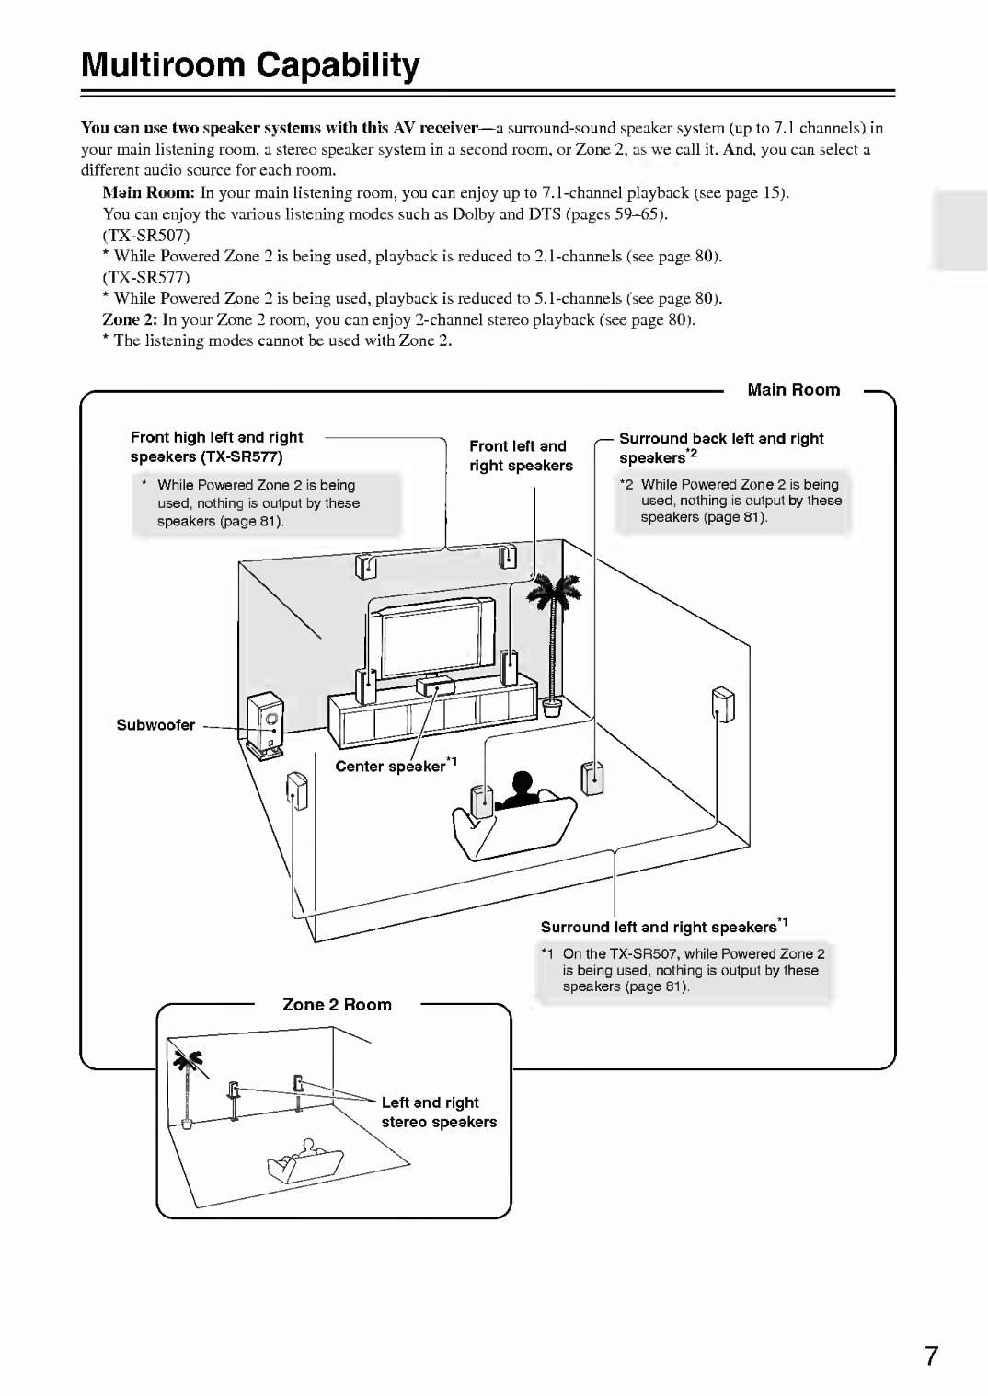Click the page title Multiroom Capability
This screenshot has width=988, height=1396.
coord(250,65)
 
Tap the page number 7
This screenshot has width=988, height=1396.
coord(931,1356)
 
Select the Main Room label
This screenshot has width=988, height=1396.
coord(793,389)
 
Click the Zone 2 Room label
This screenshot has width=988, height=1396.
coord(337,1005)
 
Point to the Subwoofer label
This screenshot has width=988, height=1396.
coord(155,725)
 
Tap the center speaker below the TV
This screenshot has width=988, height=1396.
coord(435,685)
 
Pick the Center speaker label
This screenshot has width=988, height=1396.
coord(396,767)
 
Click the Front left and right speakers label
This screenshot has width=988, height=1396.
coord(521,456)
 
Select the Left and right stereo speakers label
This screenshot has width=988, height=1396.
coord(439,1112)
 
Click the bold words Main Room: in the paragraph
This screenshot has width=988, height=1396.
coord(149,193)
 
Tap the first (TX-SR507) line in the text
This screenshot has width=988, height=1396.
coord(146,236)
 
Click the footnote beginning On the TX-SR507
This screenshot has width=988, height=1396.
coord(690,970)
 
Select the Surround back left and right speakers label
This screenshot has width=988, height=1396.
coord(720,448)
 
